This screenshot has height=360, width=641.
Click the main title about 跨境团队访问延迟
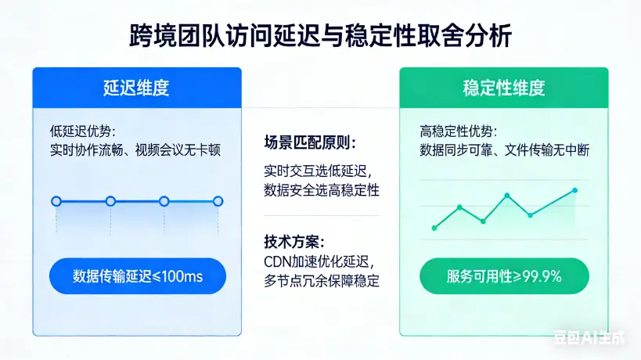pyautogui.click(x=321, y=37)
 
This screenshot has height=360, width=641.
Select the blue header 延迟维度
pyautogui.click(x=136, y=88)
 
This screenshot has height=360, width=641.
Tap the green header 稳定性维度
pyautogui.click(x=503, y=88)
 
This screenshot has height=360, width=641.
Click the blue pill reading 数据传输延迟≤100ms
pyautogui.click(x=137, y=275)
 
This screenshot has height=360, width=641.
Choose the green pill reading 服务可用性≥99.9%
pyautogui.click(x=504, y=275)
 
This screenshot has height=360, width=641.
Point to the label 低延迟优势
pyautogui.click(x=82, y=131)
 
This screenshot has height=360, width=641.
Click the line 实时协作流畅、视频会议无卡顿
pyautogui.click(x=135, y=149)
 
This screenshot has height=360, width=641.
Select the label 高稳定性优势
pyautogui.click(x=458, y=131)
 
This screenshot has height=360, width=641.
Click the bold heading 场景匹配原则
pyautogui.click(x=310, y=143)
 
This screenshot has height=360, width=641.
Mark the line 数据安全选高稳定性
pyautogui.click(x=322, y=189)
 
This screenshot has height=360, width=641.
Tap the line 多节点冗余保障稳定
pyautogui.click(x=322, y=281)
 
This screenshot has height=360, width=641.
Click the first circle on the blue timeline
pyautogui.click(x=56, y=201)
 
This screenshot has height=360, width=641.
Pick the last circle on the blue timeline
pyautogui.click(x=218, y=201)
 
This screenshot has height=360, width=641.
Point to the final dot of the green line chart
pyautogui.click(x=575, y=190)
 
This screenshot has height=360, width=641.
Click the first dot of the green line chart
pyautogui.click(x=434, y=228)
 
